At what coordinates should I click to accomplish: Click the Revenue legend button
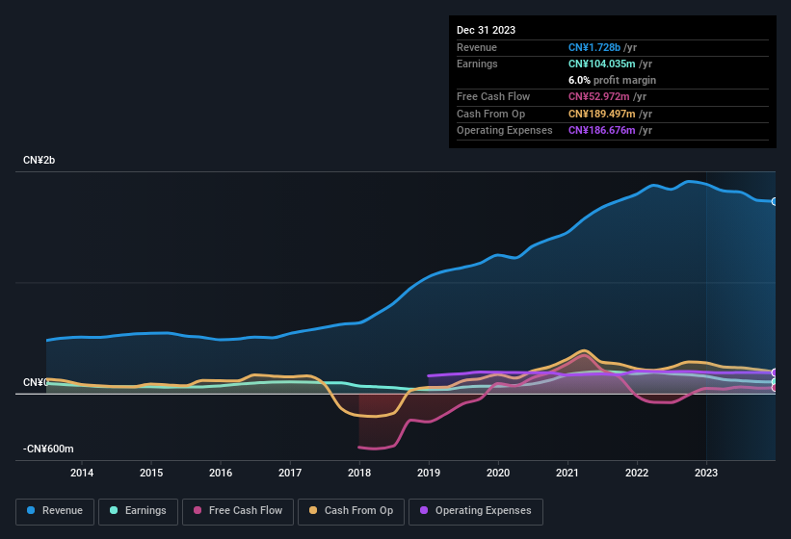click(55, 510)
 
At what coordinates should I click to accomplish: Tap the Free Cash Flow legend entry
click(238, 510)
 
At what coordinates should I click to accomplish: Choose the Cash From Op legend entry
click(351, 510)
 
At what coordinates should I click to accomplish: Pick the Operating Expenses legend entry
click(475, 510)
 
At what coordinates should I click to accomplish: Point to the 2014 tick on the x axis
click(82, 473)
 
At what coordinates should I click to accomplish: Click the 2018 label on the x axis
click(359, 473)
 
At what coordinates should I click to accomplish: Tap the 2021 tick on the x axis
click(567, 473)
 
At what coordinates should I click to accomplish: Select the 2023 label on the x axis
click(706, 473)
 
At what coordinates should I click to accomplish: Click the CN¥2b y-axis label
click(40, 160)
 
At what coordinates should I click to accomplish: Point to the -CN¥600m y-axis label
click(49, 449)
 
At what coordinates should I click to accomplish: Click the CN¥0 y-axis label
click(36, 382)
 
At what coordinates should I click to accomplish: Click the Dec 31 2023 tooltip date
click(486, 30)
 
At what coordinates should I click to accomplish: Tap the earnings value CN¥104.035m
click(609, 64)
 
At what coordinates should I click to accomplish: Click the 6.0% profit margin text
click(612, 80)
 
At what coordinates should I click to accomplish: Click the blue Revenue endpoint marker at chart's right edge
click(775, 201)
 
